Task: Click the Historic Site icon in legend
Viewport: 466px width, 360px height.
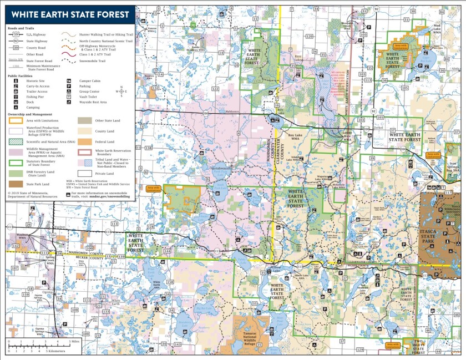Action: pos(13,80)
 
